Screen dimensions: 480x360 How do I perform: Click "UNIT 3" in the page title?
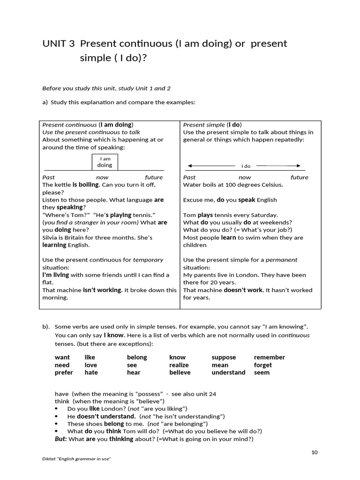click(x=58, y=44)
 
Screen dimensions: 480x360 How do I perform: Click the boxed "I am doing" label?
click(x=105, y=162)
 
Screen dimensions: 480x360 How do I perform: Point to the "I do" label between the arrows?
click(x=246, y=166)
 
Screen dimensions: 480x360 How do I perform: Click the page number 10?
click(x=314, y=452)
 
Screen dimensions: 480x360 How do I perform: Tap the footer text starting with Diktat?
click(x=76, y=459)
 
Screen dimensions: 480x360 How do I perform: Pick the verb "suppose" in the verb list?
click(x=224, y=357)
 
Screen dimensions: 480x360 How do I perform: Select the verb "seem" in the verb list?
click(x=262, y=372)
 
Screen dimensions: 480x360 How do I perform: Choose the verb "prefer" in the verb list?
click(x=64, y=372)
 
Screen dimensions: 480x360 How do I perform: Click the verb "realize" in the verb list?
click(x=179, y=365)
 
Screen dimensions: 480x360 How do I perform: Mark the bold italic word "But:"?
click(x=61, y=439)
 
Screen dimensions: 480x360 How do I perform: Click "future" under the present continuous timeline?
click(x=154, y=177)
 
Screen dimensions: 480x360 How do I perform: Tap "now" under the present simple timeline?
click(x=245, y=177)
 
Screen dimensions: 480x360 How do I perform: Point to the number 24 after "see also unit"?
click(x=212, y=394)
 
